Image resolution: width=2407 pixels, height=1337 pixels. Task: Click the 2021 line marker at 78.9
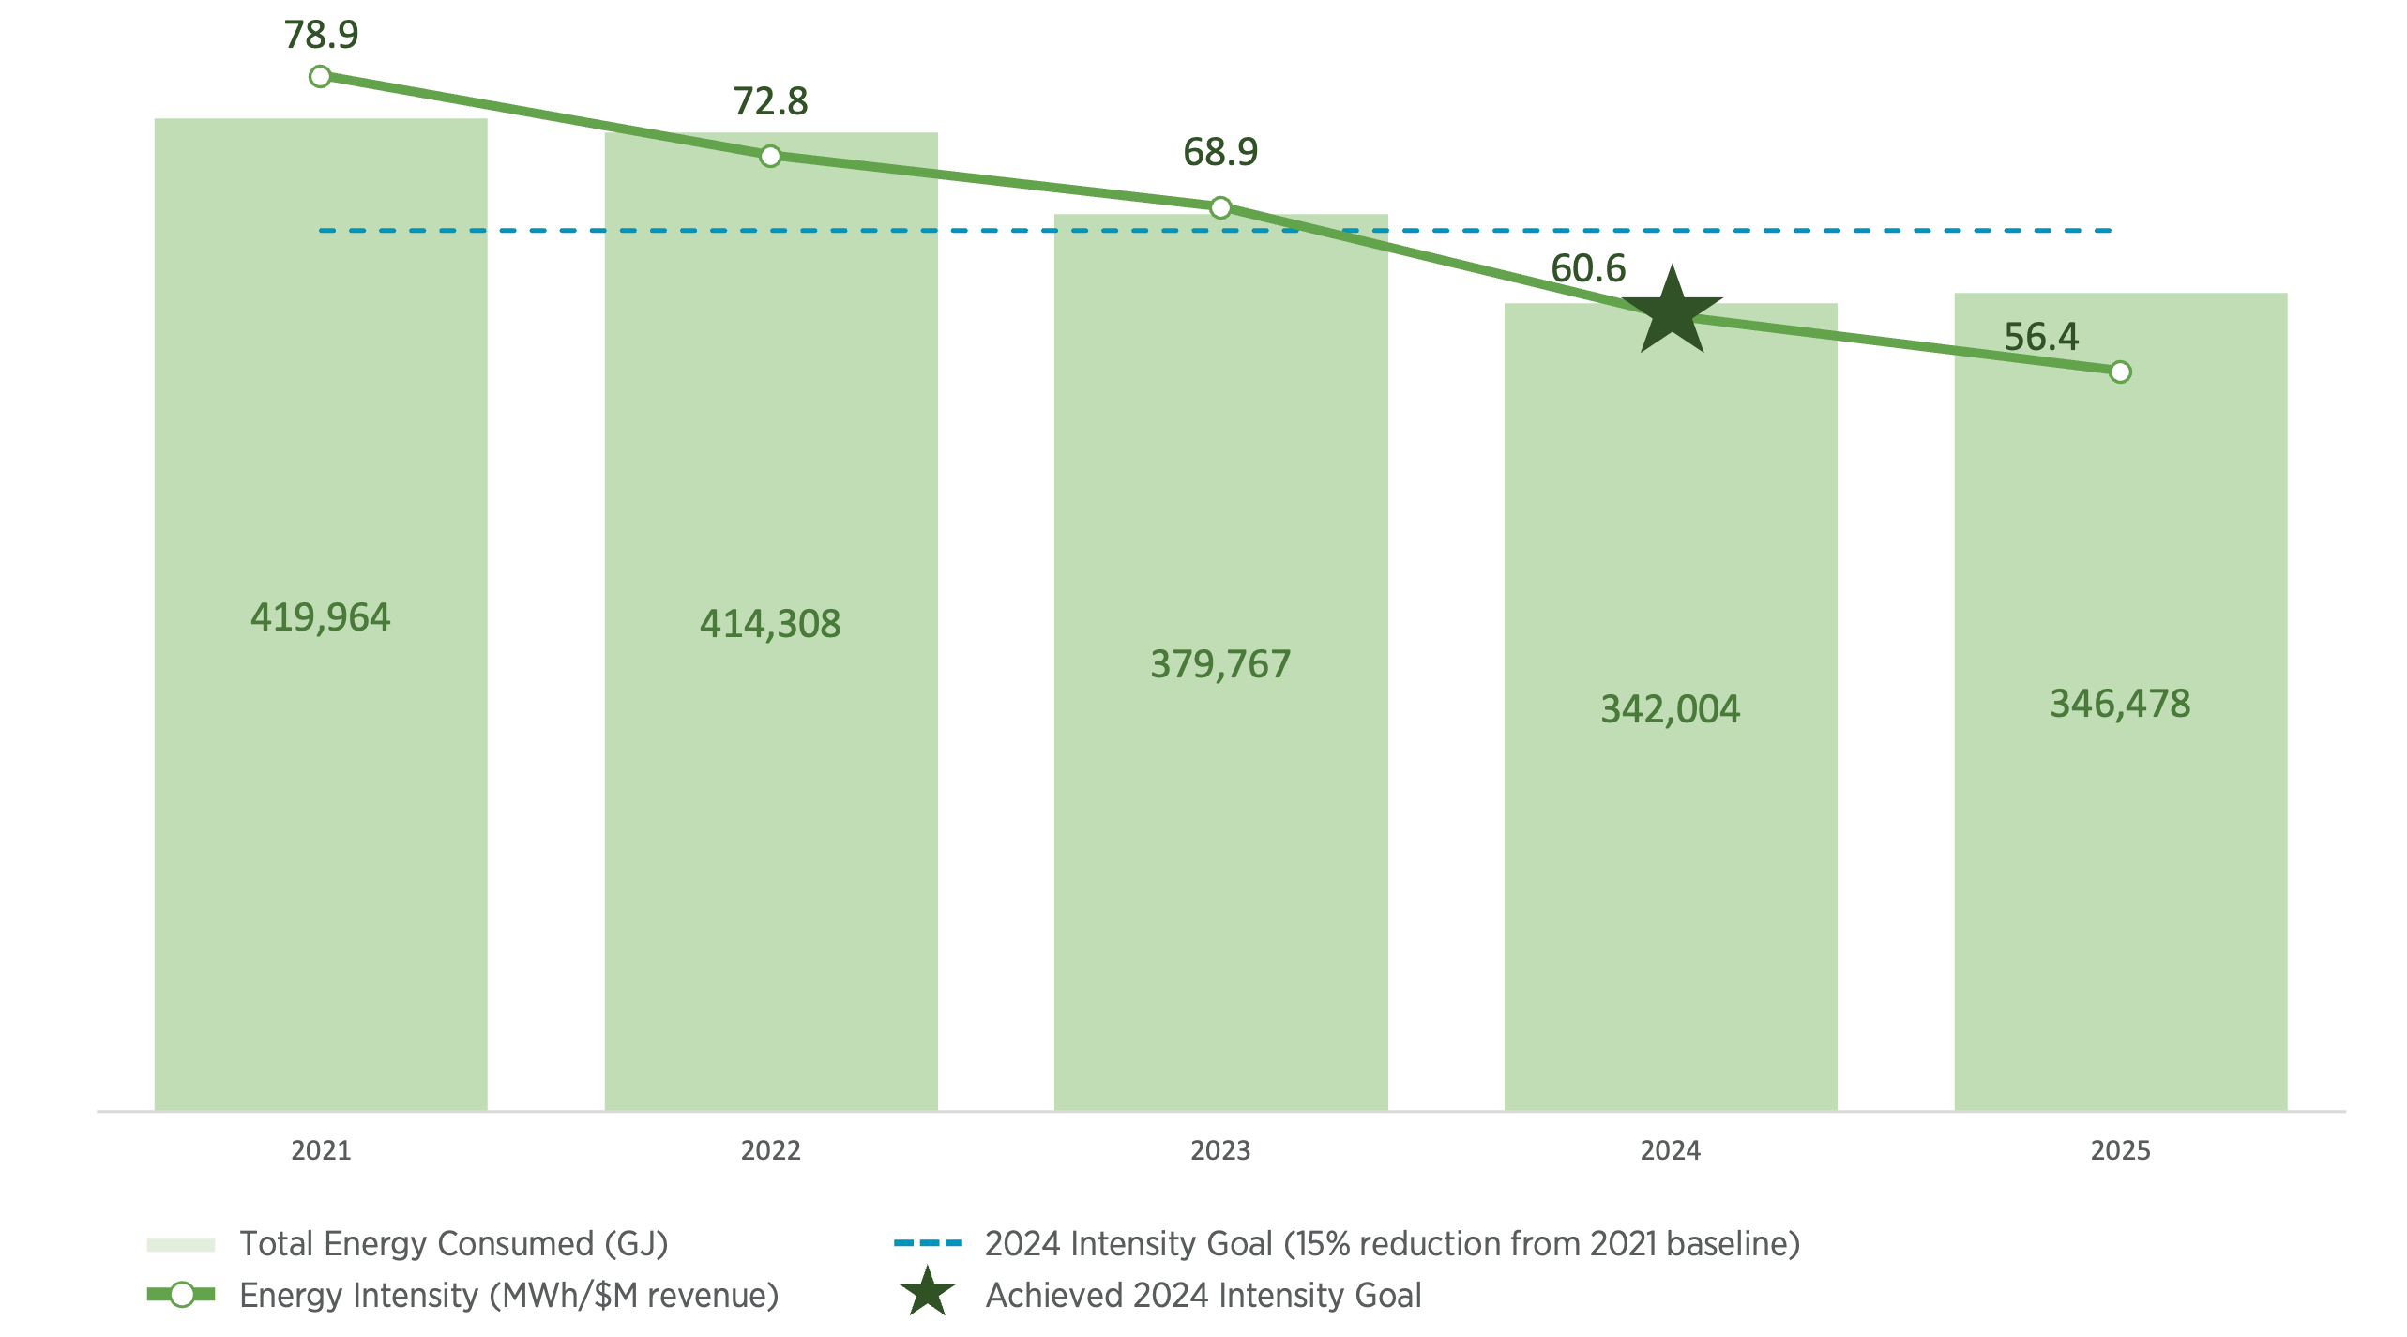[x=320, y=76]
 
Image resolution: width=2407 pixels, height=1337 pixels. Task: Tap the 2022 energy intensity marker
[x=770, y=156]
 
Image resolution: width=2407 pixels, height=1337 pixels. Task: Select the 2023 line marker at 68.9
[x=1220, y=207]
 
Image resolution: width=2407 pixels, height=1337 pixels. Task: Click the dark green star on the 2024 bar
[x=1672, y=311]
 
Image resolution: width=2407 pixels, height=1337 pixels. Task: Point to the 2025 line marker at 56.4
[x=2120, y=372]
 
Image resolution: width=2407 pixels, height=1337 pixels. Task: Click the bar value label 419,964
[x=320, y=617]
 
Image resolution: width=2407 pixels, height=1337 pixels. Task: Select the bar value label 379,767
[x=1220, y=664]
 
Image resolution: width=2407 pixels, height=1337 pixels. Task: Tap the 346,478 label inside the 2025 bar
[x=2120, y=704]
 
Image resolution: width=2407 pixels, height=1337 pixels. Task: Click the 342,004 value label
[x=1670, y=709]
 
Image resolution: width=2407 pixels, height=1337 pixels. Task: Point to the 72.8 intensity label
[x=770, y=101]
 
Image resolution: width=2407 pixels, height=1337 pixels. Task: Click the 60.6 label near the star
[x=1588, y=268]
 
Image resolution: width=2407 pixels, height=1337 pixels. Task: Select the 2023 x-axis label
[x=1220, y=1150]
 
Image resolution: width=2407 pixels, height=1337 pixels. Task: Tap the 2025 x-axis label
[x=2120, y=1150]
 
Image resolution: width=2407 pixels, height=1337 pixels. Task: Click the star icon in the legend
[x=927, y=1292]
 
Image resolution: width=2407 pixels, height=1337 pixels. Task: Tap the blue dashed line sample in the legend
[x=928, y=1243]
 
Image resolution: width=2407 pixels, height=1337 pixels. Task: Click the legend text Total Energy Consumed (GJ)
[x=454, y=1243]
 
